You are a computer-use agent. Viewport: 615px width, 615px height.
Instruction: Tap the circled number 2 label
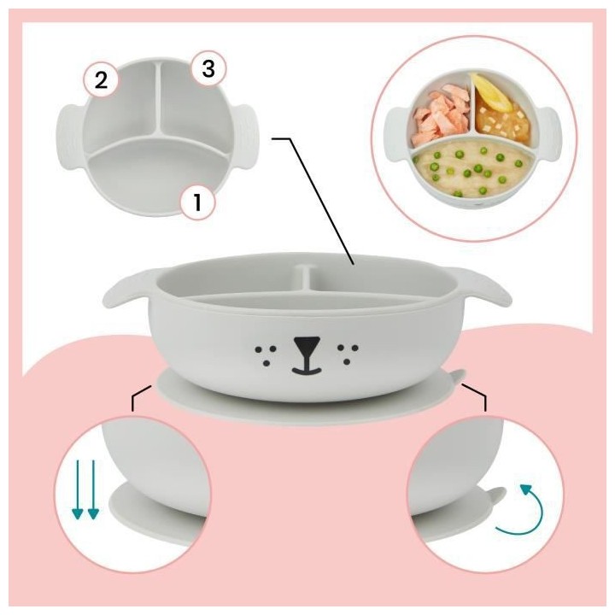tap(101, 81)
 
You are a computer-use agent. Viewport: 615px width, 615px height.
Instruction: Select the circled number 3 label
tap(207, 69)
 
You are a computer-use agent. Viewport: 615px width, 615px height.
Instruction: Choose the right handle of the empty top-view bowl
tap(249, 134)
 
